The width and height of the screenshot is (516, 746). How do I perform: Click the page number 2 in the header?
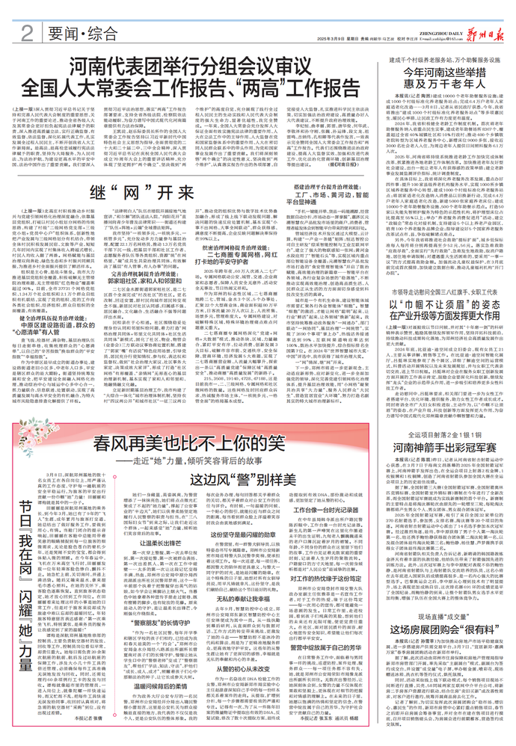pos(26,32)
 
